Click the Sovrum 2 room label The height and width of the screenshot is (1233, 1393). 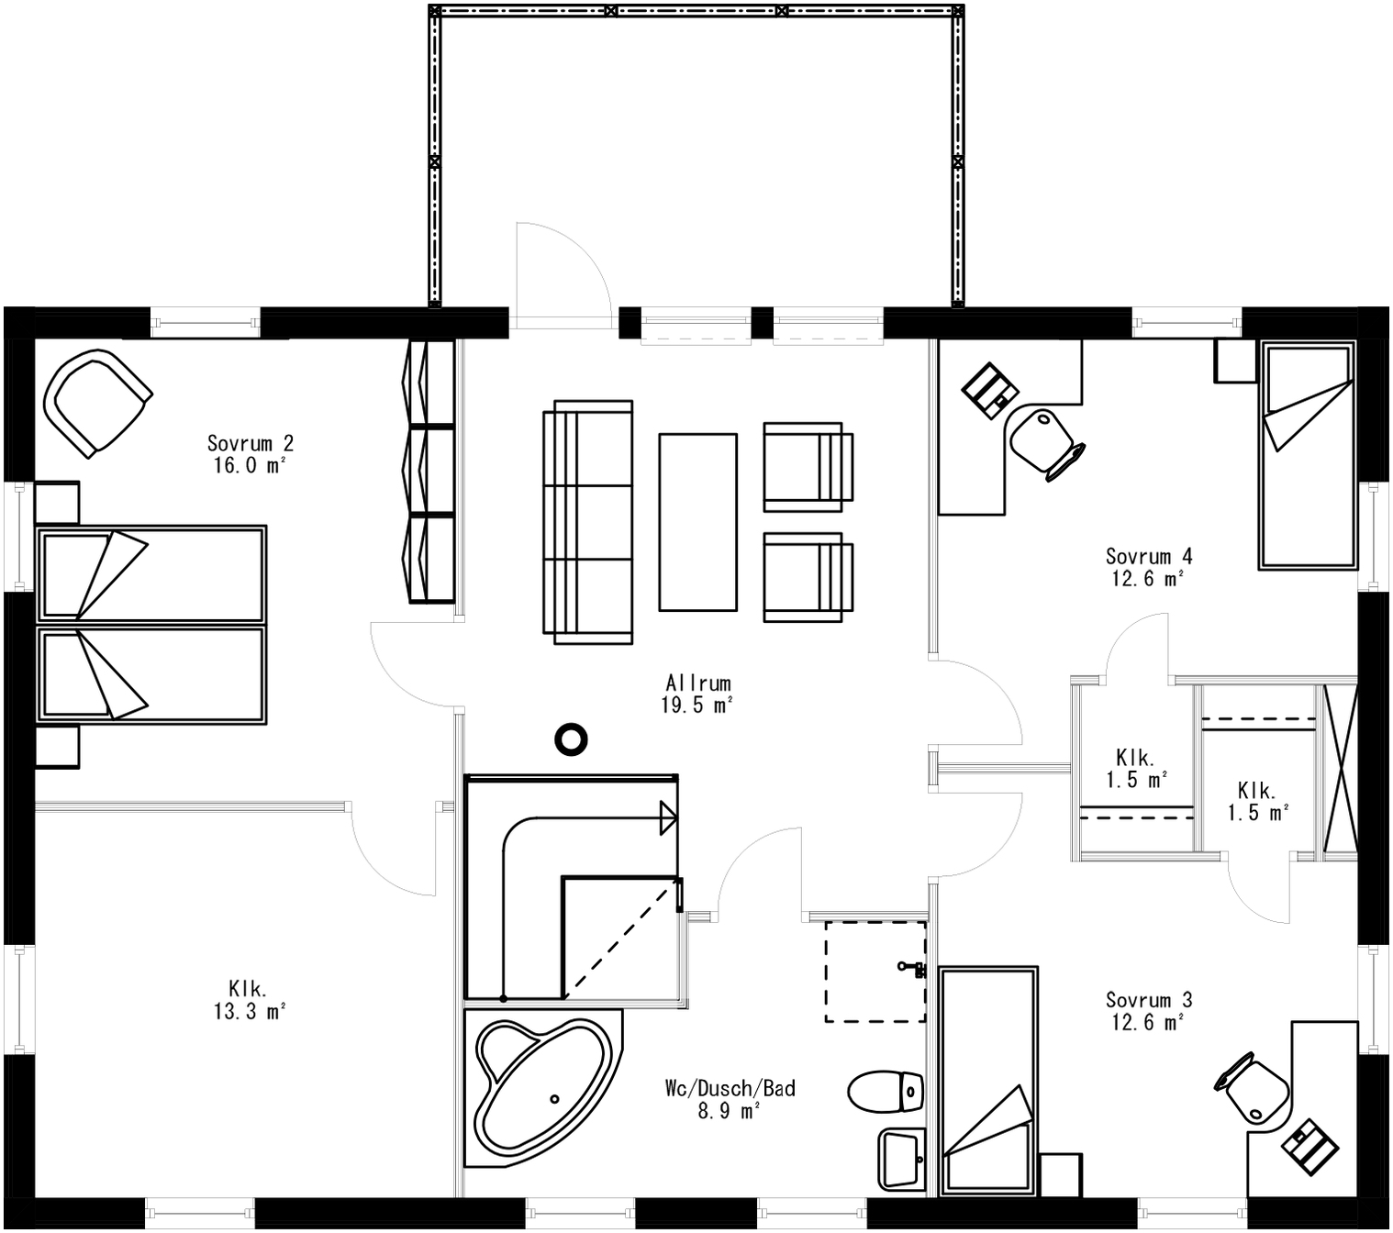point(250,454)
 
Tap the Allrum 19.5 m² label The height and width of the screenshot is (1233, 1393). point(698,694)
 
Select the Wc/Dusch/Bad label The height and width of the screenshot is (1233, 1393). point(730,1099)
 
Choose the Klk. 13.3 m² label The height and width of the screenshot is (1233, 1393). point(248,1000)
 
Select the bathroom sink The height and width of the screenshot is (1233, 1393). point(901,1158)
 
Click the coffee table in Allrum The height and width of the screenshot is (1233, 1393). point(697,522)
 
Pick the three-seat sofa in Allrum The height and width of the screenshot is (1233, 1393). point(587,522)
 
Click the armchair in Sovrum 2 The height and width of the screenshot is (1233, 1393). point(95,402)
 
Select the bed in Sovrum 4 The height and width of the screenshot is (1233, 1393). point(1307,456)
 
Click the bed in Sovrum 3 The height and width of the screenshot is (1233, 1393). point(988,1081)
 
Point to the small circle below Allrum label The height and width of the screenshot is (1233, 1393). point(571,738)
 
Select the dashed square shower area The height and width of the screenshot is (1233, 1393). point(875,971)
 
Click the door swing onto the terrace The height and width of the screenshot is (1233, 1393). point(562,275)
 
